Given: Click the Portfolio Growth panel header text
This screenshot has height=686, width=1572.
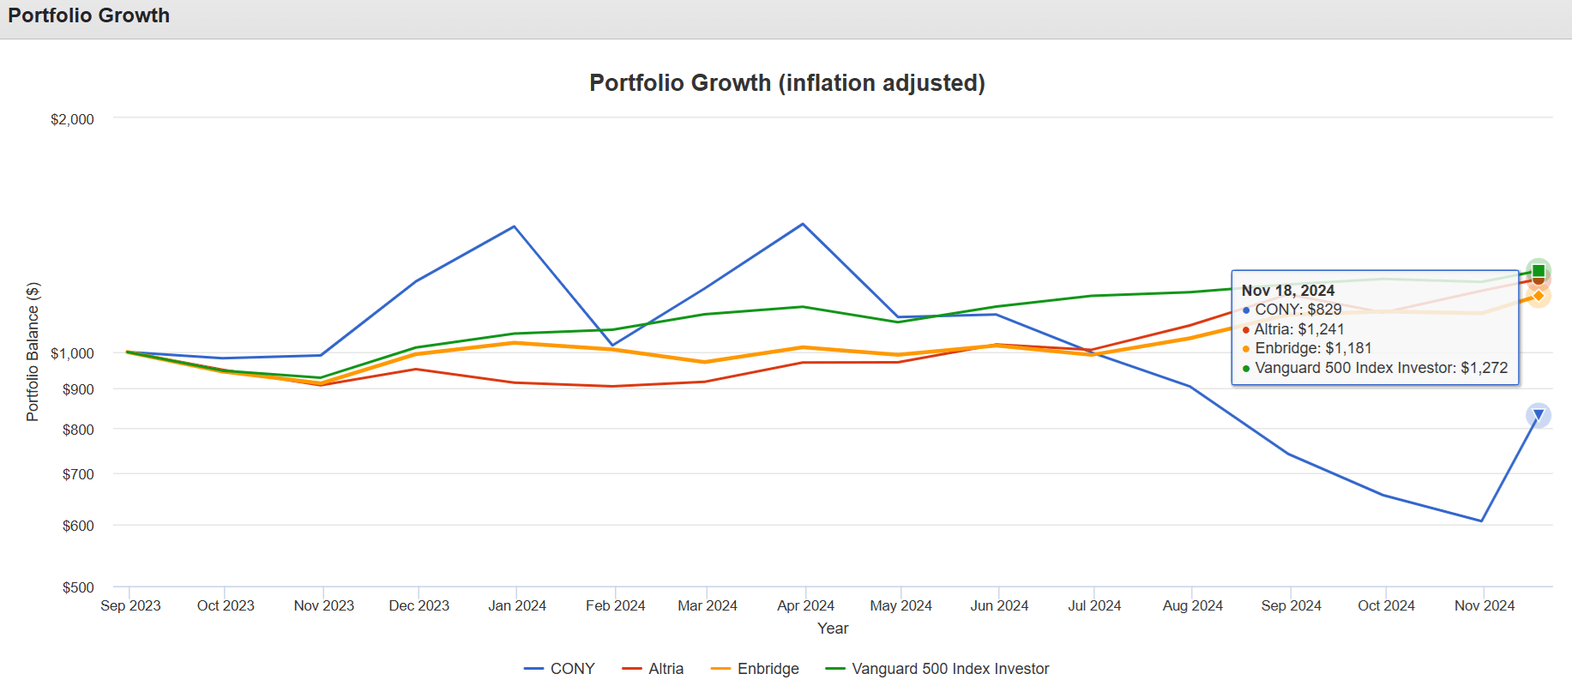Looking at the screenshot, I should coord(89,15).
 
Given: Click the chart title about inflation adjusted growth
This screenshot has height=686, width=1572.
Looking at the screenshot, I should coord(786,83).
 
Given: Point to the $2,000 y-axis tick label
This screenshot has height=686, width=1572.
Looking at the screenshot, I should coord(72,119).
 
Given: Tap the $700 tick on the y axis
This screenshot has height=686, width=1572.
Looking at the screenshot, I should coord(78,474).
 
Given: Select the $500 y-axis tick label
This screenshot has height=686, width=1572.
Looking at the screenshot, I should coord(78,587).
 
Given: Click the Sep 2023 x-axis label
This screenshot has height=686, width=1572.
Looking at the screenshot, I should coord(130,605).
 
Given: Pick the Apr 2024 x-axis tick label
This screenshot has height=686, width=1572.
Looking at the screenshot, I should coord(805,605).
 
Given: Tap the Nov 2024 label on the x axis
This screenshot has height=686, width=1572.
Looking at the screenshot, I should coord(1484,605).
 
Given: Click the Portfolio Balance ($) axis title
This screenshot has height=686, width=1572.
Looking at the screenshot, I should coord(33,352).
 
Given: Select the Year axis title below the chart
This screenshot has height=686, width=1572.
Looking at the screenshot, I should coord(833,629).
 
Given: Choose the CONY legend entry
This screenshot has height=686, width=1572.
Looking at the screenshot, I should coord(559,669).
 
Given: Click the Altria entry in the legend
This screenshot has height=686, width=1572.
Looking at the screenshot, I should coord(653,669).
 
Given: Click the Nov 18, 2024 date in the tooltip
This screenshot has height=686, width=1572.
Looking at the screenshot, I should coord(1287,291).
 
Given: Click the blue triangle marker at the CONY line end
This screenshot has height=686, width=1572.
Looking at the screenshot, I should coord(1539,415).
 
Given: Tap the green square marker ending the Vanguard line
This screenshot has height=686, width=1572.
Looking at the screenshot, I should coord(1539,271).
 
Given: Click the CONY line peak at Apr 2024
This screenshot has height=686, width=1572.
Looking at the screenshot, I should coord(803,225).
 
